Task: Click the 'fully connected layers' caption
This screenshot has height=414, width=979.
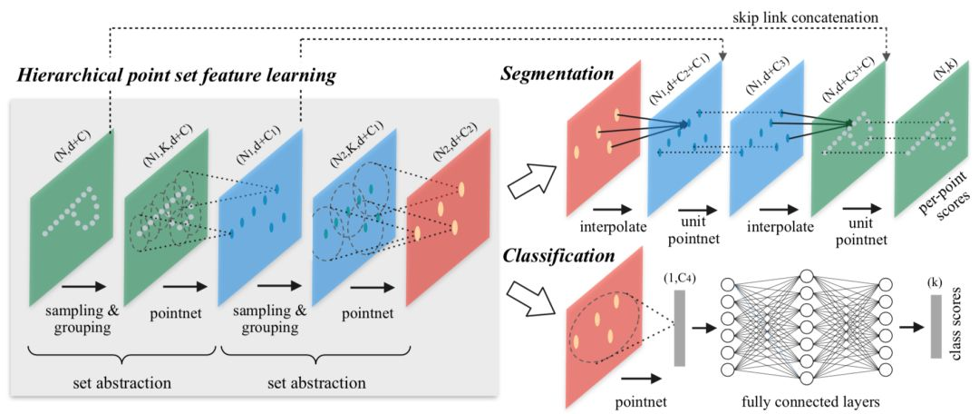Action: [802, 398]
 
